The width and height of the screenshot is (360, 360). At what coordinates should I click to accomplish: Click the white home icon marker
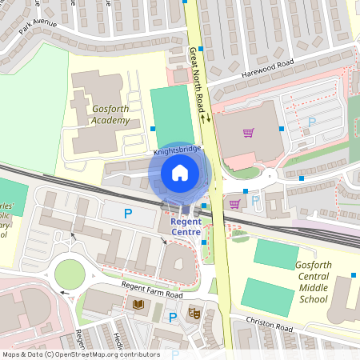coord(180,172)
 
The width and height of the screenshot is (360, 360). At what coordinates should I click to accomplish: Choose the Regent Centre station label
coord(185,226)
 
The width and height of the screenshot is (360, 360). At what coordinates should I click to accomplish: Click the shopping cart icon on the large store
coord(249,134)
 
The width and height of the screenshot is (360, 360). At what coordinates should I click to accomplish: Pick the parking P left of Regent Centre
coord(127,214)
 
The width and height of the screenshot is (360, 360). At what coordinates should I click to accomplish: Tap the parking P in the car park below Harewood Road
coord(312,122)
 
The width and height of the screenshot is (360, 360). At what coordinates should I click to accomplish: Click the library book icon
coord(138,305)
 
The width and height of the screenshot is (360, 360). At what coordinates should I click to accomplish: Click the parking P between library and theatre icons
coord(172,318)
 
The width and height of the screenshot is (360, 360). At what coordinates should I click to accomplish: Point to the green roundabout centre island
coord(70,274)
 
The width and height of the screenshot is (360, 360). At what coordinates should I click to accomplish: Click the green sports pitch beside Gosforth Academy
coord(173,116)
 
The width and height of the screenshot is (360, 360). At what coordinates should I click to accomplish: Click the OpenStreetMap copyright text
coord(80,354)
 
